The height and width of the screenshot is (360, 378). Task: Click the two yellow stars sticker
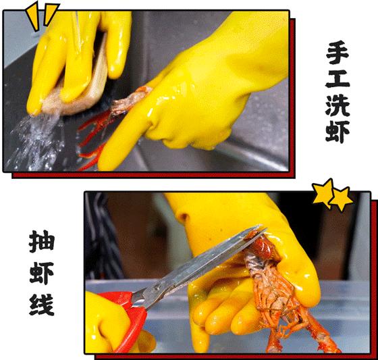332,196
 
